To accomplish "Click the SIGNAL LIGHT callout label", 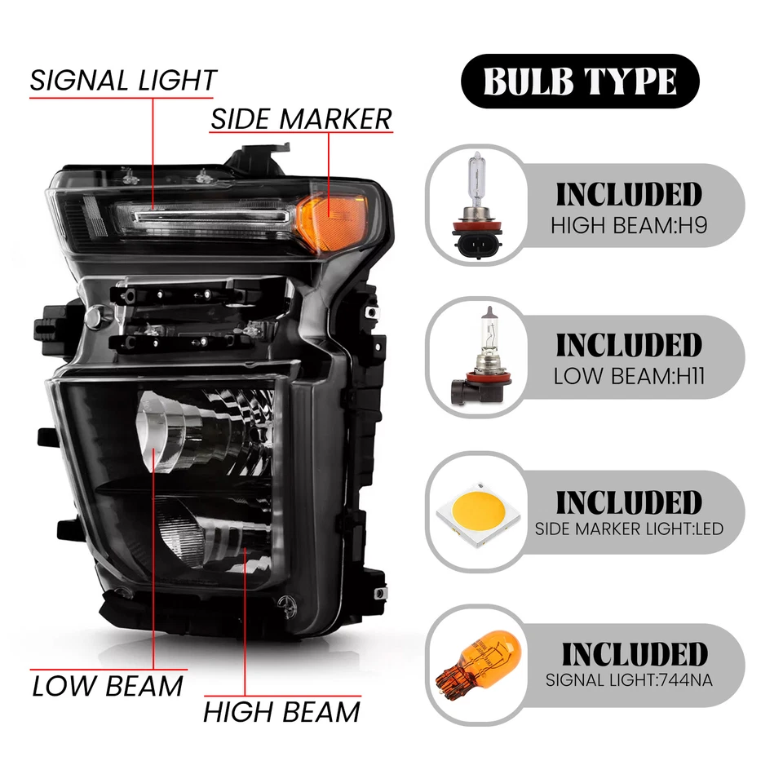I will pos(123,80).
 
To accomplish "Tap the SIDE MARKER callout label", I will pos(301,119).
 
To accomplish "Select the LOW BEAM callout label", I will pos(108,686).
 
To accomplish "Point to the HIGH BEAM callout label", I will pos(281,712).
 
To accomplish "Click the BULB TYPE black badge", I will pos(580,81).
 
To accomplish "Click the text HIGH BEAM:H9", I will pos(627,225).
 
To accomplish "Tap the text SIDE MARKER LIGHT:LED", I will pos(629,529).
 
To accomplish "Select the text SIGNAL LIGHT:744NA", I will pos(629,679).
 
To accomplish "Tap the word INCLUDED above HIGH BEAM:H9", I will pos(628,195).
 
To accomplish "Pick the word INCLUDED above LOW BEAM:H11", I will pos(628,346).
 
